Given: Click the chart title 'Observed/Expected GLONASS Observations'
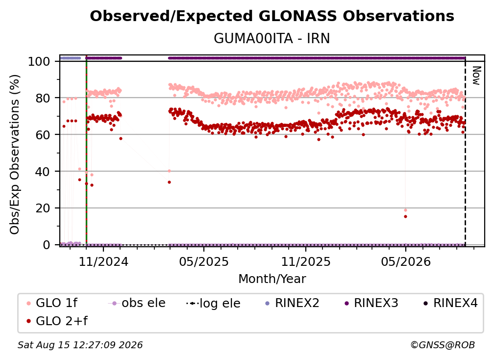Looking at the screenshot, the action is (x=272, y=16).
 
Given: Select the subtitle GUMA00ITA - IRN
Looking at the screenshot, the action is (x=272, y=38).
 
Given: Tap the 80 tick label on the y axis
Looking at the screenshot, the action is (x=43, y=98).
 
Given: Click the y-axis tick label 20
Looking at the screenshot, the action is (x=43, y=208).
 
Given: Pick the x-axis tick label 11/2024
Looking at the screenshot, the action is (x=104, y=262).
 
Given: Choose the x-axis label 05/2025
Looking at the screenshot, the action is (x=204, y=262).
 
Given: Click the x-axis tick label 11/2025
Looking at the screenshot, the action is (x=306, y=262).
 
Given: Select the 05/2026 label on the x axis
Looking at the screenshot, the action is (x=406, y=262).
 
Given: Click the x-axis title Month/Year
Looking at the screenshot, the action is (x=272, y=279).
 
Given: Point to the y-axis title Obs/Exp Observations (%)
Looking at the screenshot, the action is (x=15, y=154).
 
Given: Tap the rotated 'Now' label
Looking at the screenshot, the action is (x=476, y=76).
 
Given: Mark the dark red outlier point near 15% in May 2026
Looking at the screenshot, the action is (x=405, y=217).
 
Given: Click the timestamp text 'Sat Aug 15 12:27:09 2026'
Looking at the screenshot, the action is (x=80, y=345).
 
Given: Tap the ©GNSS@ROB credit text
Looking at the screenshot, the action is (x=443, y=345).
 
